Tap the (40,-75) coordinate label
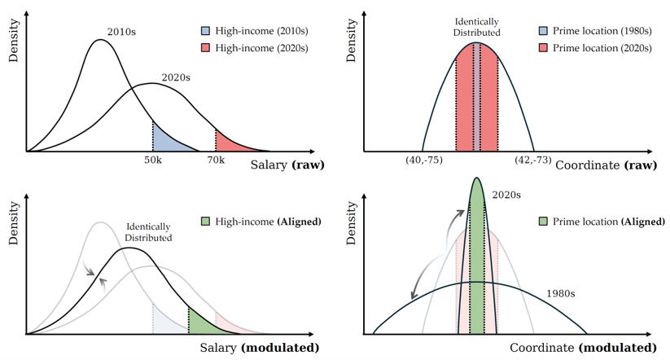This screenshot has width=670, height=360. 423,160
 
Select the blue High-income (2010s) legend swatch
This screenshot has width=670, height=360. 204,31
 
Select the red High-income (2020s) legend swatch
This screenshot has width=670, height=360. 204,48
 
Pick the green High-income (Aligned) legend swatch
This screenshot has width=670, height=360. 204,222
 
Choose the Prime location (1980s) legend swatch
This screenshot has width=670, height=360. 542,31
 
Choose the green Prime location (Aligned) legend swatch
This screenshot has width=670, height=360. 542,222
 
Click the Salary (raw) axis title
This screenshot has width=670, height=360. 287,165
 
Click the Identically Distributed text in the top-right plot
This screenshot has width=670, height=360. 476,27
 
